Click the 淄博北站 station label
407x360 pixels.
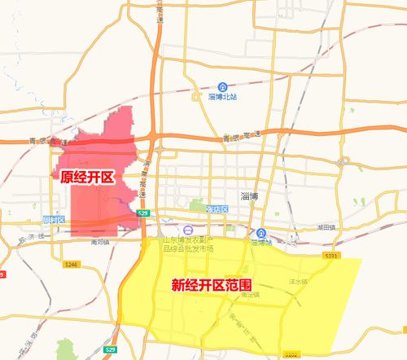pos(222,96)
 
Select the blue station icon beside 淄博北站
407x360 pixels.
pos(222,86)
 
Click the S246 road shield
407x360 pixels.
pos(72,264)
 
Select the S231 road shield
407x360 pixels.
pos(330,256)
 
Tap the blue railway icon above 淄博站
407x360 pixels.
pos(261,232)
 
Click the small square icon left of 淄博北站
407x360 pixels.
pos(195,96)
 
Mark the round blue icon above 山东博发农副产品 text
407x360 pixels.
pos(188,230)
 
